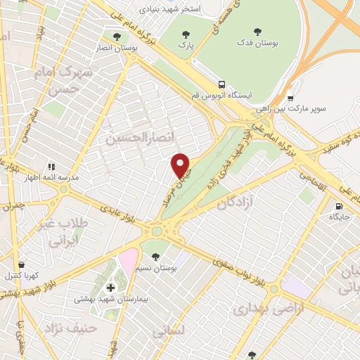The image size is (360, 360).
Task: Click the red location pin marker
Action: [181, 165]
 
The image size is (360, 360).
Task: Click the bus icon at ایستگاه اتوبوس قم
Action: [221, 83]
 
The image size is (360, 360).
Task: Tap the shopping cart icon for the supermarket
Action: [290, 98]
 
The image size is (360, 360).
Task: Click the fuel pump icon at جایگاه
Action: [340, 207]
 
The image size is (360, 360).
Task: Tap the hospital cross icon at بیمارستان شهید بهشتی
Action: [110, 288]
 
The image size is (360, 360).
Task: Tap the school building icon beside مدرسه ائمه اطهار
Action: [51, 167]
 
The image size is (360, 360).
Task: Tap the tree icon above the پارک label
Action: [186, 34]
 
